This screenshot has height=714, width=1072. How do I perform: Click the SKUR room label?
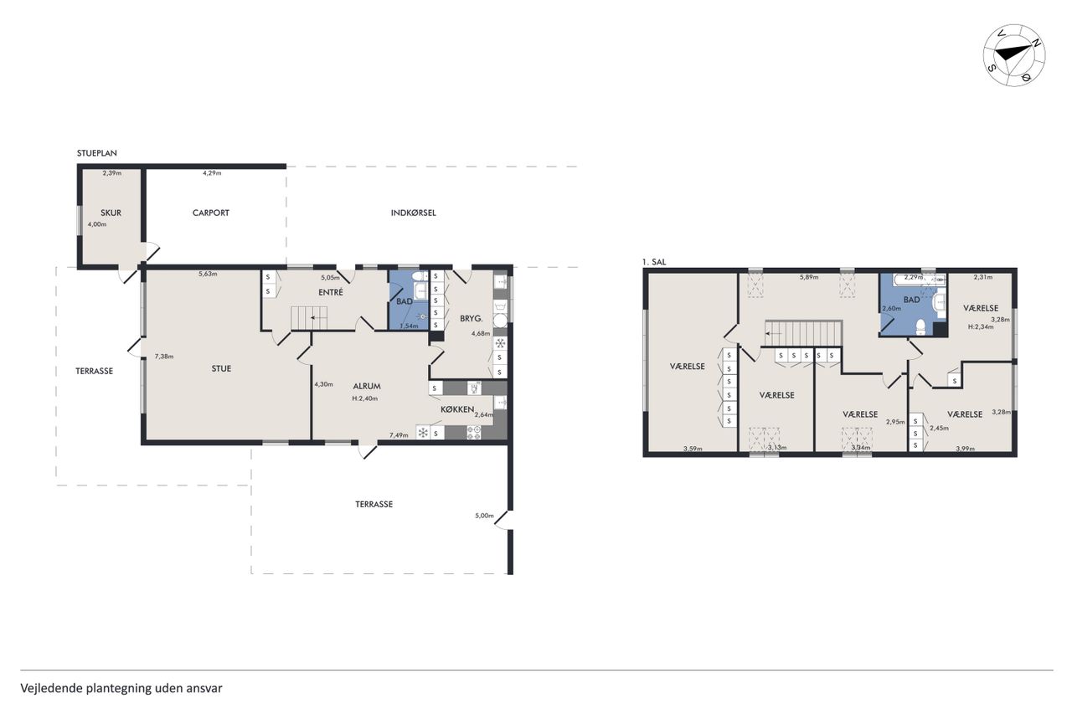point(111,213)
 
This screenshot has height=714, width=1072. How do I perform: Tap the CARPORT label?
point(210,213)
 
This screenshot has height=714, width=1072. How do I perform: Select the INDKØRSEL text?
point(414,213)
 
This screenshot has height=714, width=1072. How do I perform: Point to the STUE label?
point(221,368)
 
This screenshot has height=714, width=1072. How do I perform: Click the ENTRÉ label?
point(331,292)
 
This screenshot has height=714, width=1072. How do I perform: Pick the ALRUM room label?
point(367,387)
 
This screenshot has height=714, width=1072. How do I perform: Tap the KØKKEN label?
point(457,409)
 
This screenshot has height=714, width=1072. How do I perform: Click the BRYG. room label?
point(472,319)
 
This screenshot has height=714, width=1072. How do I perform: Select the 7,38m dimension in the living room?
point(164,357)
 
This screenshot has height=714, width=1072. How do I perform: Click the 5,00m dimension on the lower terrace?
point(484,516)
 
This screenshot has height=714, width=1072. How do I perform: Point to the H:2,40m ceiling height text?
point(365,398)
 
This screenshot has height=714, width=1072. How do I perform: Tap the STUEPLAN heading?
point(97,153)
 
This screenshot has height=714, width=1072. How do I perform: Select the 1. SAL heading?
point(654,262)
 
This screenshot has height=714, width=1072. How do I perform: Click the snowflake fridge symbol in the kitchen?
point(423,433)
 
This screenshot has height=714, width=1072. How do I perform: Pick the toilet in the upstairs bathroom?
point(920,327)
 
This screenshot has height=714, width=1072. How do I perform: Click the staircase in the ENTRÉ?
point(309,318)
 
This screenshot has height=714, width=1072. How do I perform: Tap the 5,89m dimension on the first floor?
point(809,277)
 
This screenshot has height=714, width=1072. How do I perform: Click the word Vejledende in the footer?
point(52,689)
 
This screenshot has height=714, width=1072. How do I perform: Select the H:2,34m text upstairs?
point(981,327)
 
